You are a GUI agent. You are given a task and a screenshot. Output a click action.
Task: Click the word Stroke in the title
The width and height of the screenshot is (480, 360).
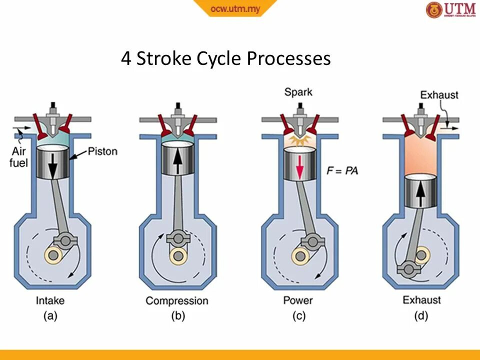point(163,58)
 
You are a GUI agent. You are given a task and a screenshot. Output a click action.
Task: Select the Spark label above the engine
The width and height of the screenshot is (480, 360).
point(298,92)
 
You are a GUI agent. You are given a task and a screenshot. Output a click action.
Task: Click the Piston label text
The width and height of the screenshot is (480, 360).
point(102,151)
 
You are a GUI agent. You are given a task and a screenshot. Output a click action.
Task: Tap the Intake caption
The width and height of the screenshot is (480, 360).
point(50,300)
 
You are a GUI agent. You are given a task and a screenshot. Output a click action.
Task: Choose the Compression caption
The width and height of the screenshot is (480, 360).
point(176,300)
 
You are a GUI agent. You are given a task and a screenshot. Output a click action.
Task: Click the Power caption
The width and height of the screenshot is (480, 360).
point(298,300)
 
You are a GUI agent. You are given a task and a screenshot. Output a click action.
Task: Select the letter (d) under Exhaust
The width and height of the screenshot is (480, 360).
point(421,316)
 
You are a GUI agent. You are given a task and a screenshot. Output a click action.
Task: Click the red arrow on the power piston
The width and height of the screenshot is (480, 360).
point(299,166)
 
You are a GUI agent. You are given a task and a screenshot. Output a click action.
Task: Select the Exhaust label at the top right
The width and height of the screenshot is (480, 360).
point(439,95)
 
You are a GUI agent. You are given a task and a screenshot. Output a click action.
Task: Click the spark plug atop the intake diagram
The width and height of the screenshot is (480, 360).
point(52,109)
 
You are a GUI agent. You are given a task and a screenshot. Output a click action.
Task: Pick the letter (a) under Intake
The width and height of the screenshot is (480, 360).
point(50,316)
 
